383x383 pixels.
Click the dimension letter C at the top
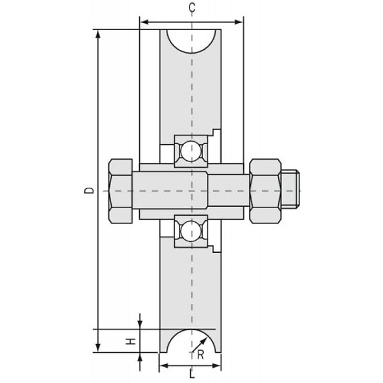192,8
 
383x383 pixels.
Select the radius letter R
200,355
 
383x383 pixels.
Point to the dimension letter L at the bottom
192,374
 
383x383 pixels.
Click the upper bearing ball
191,151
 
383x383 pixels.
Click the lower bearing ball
191,231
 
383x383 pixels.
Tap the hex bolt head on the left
121,191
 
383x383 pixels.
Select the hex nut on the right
266,191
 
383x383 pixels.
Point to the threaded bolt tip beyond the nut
290,191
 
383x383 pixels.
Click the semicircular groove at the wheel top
191,41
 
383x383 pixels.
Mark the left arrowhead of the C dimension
146,22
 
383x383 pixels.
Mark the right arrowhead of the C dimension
238,22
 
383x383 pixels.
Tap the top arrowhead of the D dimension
98,34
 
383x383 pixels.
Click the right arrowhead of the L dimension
216,366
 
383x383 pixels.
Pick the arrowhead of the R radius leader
204,341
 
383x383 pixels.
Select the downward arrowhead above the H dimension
140,324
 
